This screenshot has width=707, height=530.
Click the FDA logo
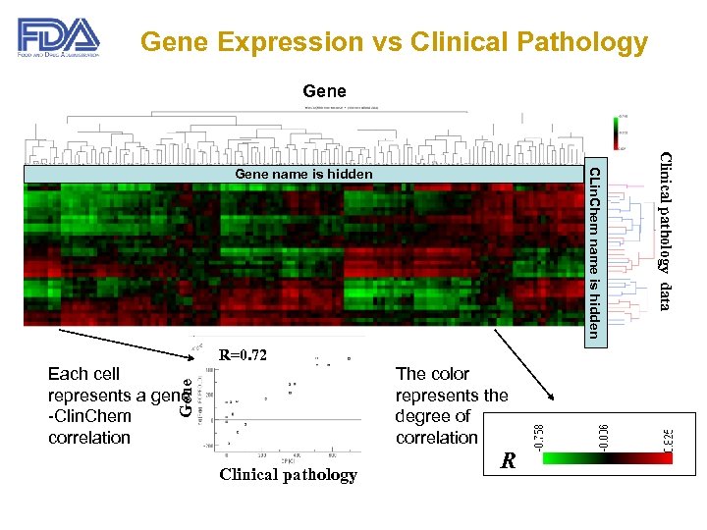[58, 39]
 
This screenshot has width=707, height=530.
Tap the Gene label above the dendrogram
[324, 92]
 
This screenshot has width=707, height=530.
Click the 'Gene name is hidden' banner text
[303, 175]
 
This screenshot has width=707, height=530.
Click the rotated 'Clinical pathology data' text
[665, 232]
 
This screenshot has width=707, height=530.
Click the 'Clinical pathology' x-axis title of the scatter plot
[288, 475]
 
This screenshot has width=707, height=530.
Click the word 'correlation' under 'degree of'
[437, 438]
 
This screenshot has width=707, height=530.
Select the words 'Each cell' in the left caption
[83, 374]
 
